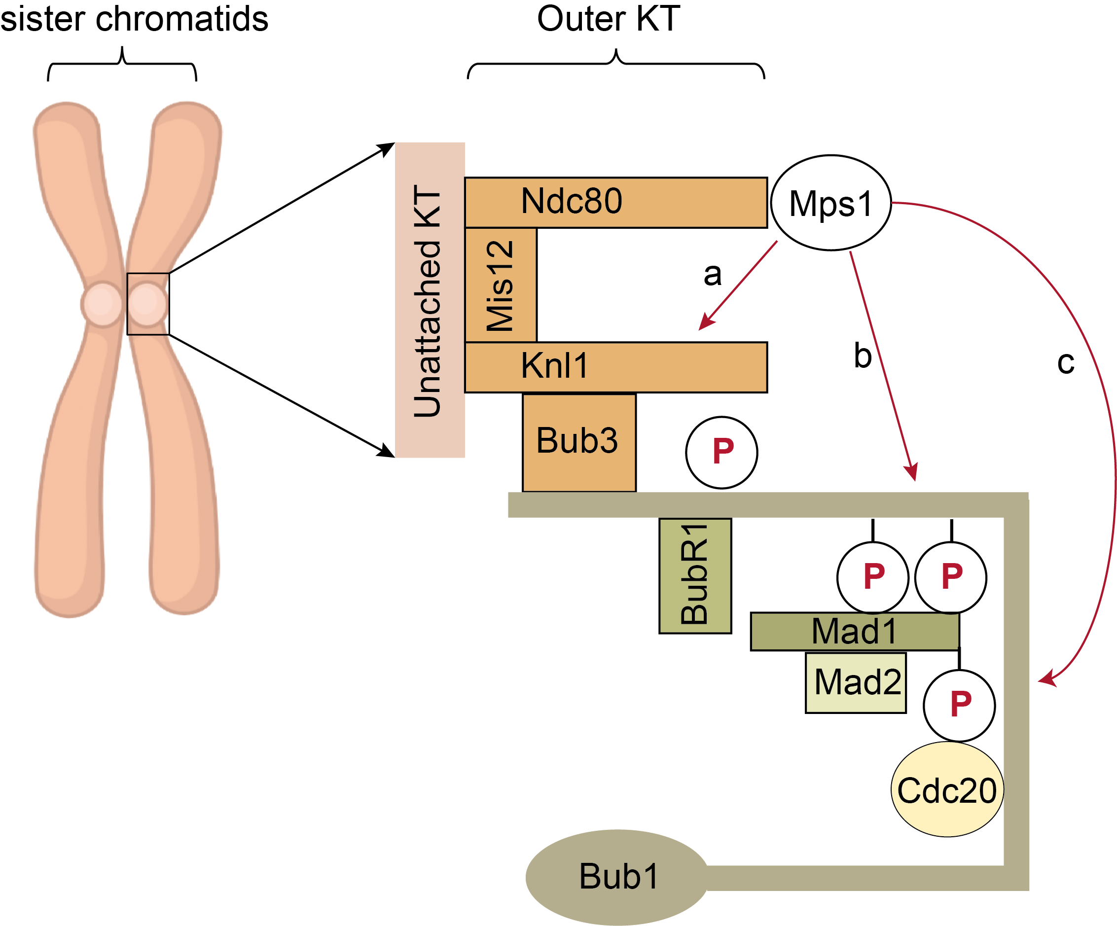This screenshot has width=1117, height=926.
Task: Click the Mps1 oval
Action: click(x=830, y=203)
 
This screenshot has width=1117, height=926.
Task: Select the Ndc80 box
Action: click(x=615, y=202)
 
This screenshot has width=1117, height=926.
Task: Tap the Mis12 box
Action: click(x=500, y=285)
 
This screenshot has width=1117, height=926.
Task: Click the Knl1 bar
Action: click(x=615, y=367)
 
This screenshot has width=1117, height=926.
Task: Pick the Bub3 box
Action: click(x=578, y=442)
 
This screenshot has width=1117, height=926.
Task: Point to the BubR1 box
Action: click(x=695, y=575)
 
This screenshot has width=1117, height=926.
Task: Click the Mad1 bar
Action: click(x=854, y=631)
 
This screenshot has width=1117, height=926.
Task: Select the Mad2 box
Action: click(x=855, y=682)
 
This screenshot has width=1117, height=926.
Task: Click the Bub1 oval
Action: click(x=617, y=877)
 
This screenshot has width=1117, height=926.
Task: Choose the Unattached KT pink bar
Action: click(x=429, y=299)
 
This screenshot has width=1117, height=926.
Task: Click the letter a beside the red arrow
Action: click(x=712, y=275)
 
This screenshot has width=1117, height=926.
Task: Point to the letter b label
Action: click(x=862, y=356)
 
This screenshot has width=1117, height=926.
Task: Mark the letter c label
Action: click(x=1065, y=363)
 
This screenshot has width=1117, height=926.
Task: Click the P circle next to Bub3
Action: click(x=721, y=452)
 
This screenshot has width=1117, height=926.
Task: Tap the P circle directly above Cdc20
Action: click(x=959, y=705)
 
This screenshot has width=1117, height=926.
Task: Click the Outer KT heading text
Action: click(x=608, y=19)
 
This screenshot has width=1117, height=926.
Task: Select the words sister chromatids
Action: click(x=134, y=19)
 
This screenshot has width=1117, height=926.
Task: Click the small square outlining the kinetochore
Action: click(x=148, y=304)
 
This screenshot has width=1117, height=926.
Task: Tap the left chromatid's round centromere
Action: click(x=102, y=304)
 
